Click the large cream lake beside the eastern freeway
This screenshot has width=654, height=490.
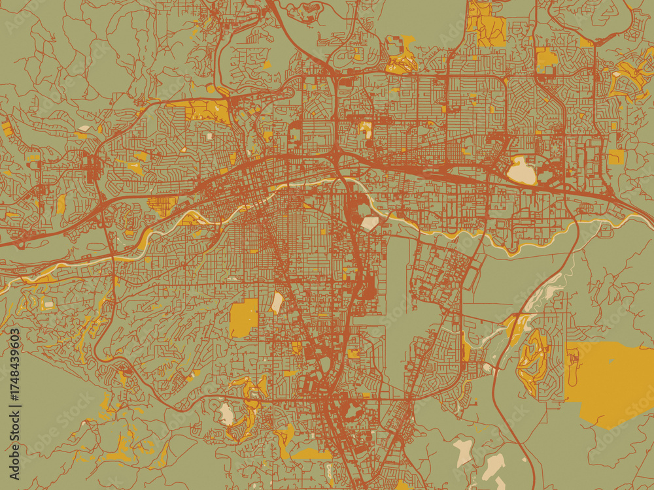(x=521, y=171)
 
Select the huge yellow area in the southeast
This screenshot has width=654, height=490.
(x=611, y=382)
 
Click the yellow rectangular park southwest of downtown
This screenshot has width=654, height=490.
(x=244, y=318)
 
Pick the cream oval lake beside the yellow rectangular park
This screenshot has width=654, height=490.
(x=277, y=302)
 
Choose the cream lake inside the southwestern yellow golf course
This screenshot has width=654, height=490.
(x=226, y=414)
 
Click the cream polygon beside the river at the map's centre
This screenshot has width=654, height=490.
(x=370, y=223)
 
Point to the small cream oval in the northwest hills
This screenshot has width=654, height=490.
(x=84, y=129)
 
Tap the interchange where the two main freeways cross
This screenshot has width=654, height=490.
(x=336, y=157)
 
